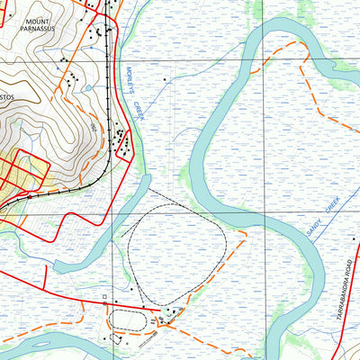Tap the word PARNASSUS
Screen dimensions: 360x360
[x=38, y=29]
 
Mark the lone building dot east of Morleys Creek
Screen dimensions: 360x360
[x=165, y=80]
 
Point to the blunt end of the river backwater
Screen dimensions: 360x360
[x=58, y=266]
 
